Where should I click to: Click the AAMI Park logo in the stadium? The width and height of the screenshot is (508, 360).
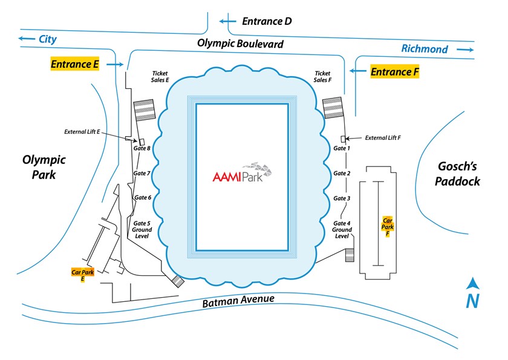pos(241,173)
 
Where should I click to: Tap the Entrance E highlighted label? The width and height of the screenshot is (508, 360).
pos(74,64)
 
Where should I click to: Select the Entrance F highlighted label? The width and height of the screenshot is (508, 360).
pos(394,71)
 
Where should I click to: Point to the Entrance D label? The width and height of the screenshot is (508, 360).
pos(267,21)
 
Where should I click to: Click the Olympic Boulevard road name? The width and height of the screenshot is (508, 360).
pos(240,44)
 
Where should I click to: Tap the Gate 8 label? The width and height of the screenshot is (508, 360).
pos(142,148)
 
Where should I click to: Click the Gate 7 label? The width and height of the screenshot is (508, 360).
pos(142,173)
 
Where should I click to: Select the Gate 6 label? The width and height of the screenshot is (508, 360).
pos(143,197)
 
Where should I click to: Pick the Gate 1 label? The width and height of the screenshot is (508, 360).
pos(342,148)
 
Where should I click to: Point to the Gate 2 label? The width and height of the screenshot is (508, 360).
pos(342,173)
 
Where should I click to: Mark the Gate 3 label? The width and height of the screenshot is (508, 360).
pos(342,198)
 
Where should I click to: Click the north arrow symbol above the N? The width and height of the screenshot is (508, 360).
pos(473,283)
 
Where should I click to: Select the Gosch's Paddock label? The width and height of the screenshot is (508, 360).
pos(458,174)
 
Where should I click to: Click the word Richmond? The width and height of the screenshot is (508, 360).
pos(425,49)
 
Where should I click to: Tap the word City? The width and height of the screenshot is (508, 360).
pos(47,39)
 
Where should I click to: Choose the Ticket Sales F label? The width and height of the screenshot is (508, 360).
pos(322,77)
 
